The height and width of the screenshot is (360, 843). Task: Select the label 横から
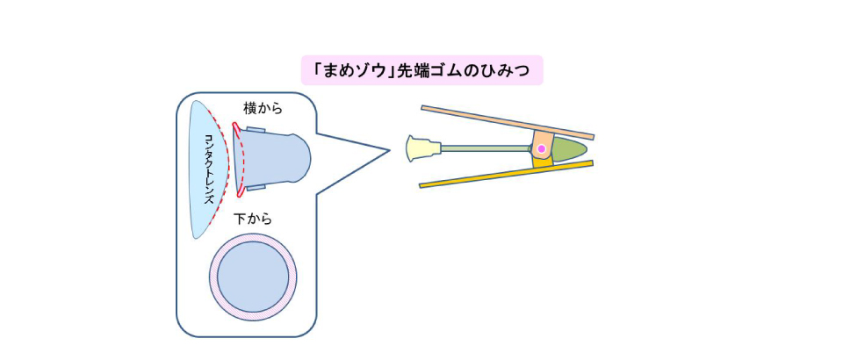[263, 108]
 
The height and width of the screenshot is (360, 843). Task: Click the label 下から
[252, 219]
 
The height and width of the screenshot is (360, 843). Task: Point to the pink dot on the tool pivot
[542, 150]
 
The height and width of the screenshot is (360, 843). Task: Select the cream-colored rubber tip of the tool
[421, 148]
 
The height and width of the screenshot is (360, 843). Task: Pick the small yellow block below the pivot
[544, 163]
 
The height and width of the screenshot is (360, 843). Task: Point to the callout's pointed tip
[387, 150]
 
